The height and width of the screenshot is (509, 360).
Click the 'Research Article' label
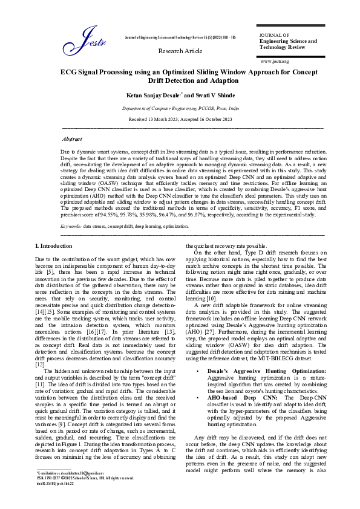click(x=180, y=51)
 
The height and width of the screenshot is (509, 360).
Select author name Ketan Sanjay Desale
click(x=152, y=96)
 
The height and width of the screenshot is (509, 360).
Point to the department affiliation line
click(x=180, y=108)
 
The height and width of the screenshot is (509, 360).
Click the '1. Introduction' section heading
click(x=54, y=246)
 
